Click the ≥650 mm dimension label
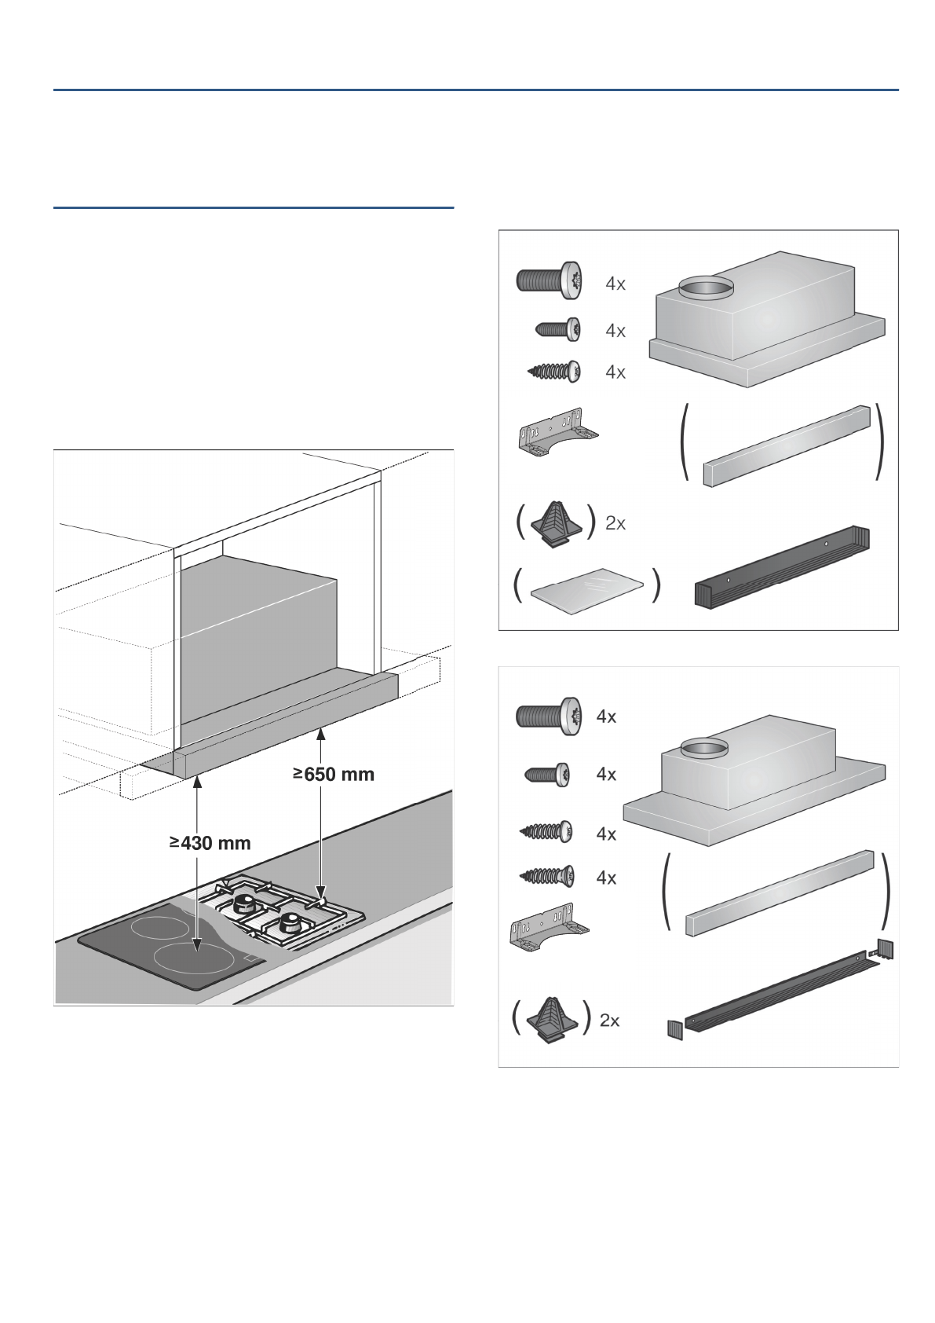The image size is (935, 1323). (x=334, y=774)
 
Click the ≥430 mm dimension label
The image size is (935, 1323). (x=210, y=843)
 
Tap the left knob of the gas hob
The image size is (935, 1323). (x=245, y=902)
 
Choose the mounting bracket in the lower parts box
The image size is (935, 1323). (x=547, y=929)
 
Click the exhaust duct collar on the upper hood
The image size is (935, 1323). (x=704, y=289)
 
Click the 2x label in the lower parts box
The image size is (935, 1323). (x=610, y=1021)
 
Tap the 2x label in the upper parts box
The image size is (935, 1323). (x=615, y=523)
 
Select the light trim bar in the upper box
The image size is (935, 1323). (x=786, y=445)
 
